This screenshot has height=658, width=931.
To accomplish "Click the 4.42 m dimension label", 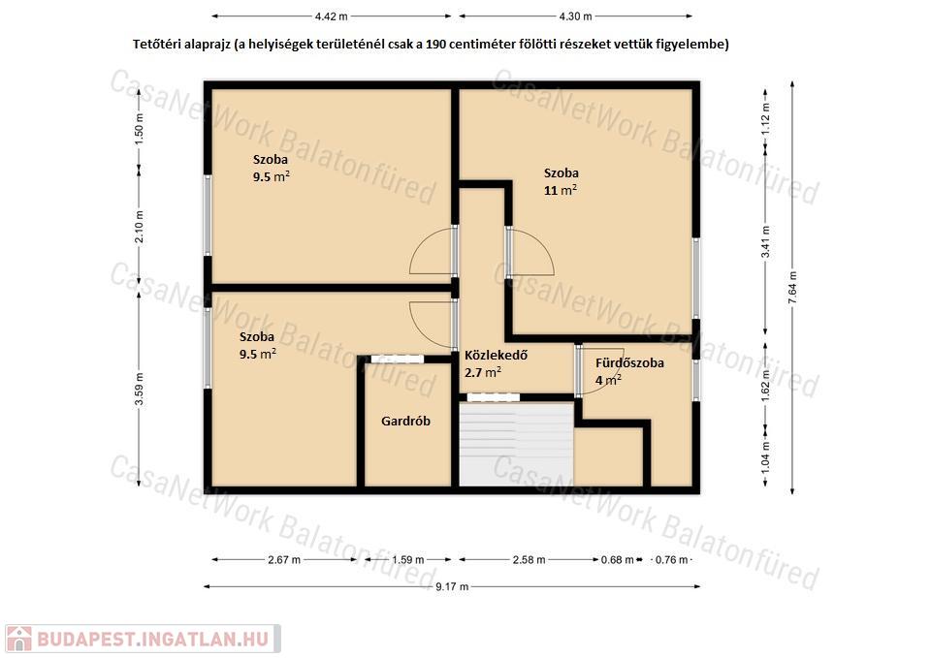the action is pos(331,16).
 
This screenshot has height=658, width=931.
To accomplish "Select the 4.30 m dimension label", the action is pos(575,16).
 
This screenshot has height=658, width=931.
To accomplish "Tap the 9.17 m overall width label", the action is pos(452,587).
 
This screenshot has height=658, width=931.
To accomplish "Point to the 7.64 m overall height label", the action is pos(792,287).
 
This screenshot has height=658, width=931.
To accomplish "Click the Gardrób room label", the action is pos(405,422).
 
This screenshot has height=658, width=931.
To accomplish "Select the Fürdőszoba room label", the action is pos(629,363).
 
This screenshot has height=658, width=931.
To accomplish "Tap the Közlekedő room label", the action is pos(496,356).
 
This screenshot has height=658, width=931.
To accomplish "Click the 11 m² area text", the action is pos(561,190).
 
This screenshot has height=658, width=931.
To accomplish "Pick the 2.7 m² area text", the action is pos(483,372).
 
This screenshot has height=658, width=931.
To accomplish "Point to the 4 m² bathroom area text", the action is pos(609,380).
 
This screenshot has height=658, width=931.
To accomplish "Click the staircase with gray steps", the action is pos(517,445).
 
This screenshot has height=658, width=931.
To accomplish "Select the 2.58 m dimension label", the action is pos(530,559).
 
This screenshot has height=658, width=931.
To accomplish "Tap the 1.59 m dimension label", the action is pos(408,559).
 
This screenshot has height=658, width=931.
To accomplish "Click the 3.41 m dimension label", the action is pos(766,242).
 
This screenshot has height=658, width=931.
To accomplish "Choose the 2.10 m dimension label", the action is pos(140,227).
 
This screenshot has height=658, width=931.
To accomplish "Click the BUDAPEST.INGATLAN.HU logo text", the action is pos(152,639).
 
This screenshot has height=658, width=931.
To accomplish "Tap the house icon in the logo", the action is pos(19,639).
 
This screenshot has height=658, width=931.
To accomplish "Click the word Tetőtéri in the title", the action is pos(157,45).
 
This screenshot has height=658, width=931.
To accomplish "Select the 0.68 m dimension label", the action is pos(618,559).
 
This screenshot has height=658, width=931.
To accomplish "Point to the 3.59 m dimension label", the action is pos(140,389).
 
